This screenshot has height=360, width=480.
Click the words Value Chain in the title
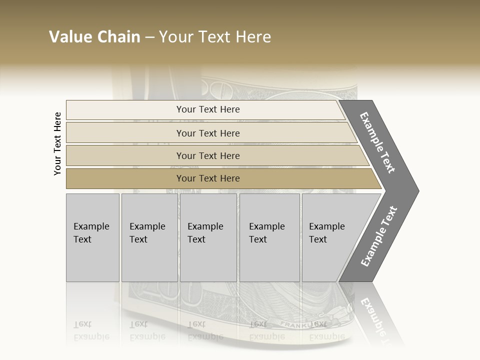pyautogui.click(x=94, y=37)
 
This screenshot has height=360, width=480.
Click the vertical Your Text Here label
pyautogui.click(x=57, y=144)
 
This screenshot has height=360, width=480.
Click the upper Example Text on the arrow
pyautogui.click(x=377, y=143)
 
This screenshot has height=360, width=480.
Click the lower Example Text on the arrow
pyautogui.click(x=378, y=236)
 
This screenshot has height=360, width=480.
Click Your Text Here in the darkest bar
pyautogui.click(x=208, y=178)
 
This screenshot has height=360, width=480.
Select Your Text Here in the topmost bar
pyautogui.click(x=208, y=109)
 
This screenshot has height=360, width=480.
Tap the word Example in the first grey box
pyautogui.click(x=91, y=226)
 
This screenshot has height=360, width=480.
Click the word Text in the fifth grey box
pyautogui.click(x=317, y=239)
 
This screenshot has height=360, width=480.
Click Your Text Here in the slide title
pyautogui.click(x=215, y=37)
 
